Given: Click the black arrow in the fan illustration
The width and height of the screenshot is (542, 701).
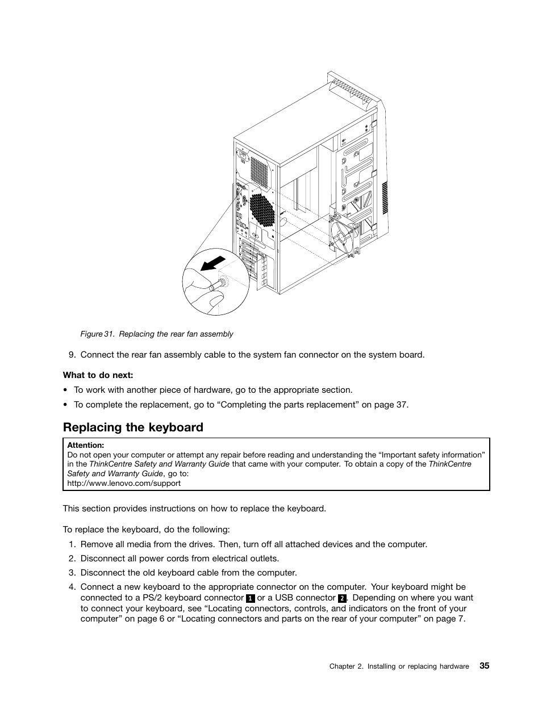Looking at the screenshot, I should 214,263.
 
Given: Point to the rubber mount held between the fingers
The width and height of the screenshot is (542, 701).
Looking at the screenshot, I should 218,283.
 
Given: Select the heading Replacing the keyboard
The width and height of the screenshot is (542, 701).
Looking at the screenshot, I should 133,427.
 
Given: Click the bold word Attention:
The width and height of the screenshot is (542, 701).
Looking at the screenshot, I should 85,446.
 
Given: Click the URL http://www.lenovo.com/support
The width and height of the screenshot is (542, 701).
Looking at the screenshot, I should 124,484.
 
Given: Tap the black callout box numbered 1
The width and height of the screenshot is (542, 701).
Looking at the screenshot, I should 250,599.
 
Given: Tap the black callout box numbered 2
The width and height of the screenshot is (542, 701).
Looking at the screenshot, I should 342,599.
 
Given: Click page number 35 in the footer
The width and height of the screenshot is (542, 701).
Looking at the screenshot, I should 483,666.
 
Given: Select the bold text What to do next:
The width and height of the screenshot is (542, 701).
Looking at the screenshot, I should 98,375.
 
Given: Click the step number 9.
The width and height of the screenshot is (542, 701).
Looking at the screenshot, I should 72,355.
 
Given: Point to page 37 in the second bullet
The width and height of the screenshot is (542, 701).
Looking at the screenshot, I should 394,405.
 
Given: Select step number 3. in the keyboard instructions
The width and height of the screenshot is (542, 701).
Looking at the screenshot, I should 72,573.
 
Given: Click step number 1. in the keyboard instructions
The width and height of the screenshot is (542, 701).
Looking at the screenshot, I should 72,544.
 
